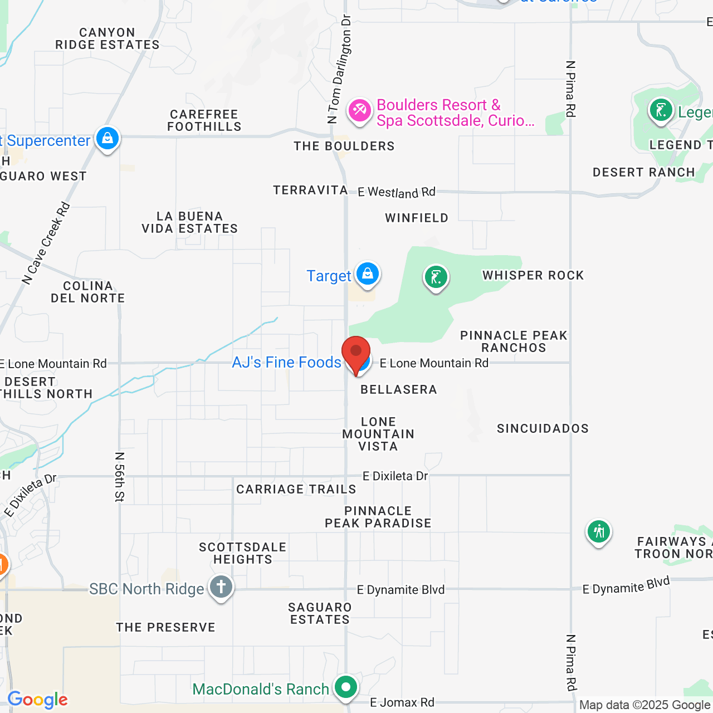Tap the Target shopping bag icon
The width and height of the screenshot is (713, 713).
click(367, 274)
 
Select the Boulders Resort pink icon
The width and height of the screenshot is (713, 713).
click(359, 110)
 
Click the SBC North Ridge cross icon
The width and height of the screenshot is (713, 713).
click(221, 587)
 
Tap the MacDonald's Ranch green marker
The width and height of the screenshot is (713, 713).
click(346, 687)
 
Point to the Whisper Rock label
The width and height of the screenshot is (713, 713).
click(533, 275)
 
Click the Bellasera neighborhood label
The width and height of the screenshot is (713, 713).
click(399, 389)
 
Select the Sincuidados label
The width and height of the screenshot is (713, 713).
click(543, 428)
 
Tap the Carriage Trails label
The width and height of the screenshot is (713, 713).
click(296, 489)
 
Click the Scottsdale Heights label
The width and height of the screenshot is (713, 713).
click(243, 553)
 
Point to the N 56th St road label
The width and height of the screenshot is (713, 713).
click(119, 477)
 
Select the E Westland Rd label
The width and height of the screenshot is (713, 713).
click(397, 192)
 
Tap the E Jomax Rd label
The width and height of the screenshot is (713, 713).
click(402, 702)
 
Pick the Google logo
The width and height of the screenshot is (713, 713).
click(38, 700)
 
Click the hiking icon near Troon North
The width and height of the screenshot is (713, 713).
click(598, 531)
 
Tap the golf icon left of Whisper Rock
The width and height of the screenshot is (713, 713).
click(436, 277)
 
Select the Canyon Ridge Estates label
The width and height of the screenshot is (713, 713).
click(108, 38)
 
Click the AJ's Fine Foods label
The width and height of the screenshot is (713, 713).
click(286, 362)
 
